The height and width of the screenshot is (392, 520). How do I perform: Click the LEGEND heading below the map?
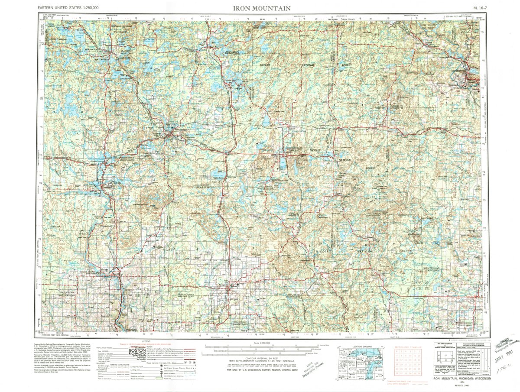point(143,341)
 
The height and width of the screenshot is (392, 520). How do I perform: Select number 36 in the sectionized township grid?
point(419,373)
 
